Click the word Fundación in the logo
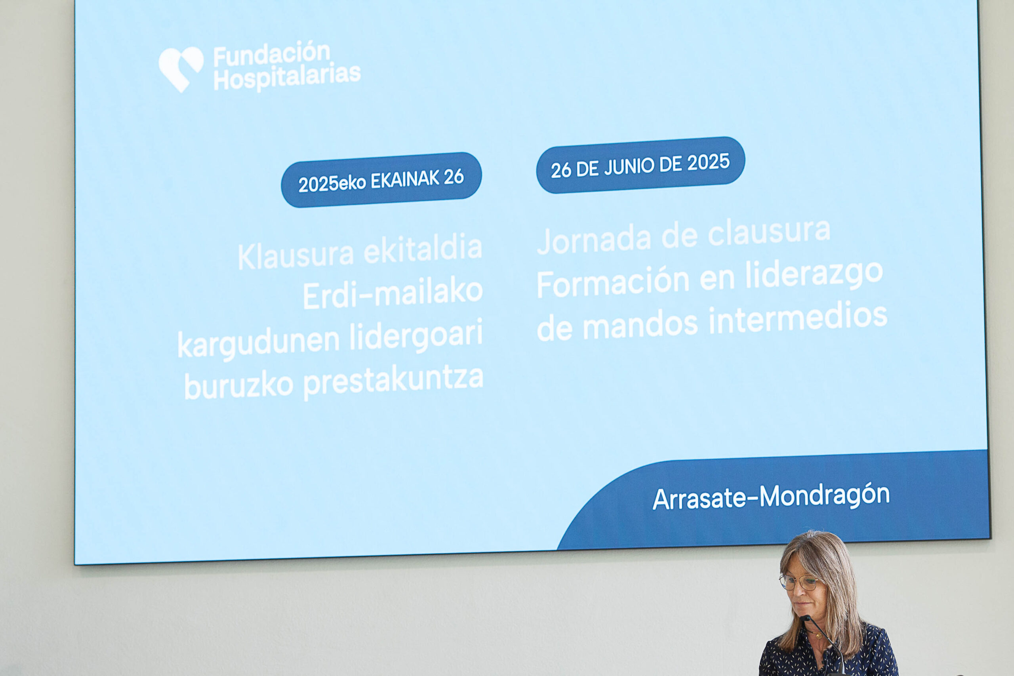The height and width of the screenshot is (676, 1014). (272, 54)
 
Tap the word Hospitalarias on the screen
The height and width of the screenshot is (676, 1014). (287, 78)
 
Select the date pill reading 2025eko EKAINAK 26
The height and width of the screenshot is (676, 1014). (381, 180)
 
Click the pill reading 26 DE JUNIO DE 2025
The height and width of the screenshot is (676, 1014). (640, 165)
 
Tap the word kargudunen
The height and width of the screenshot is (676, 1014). (259, 342)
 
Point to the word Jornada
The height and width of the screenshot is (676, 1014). (594, 240)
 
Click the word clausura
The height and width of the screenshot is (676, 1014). (769, 232)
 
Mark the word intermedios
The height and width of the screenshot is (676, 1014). (798, 318)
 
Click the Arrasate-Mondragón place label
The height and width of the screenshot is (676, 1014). (771, 497)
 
